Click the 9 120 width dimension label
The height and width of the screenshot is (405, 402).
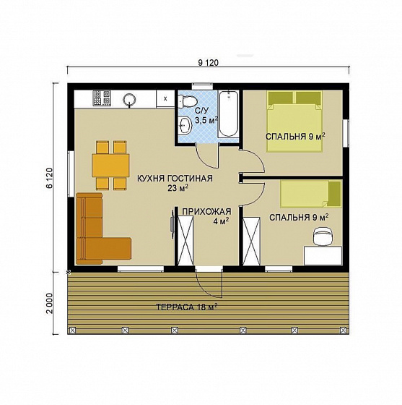tap(208, 63)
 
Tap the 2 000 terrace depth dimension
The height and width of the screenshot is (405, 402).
tap(49, 303)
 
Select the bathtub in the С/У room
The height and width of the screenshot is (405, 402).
tap(228, 114)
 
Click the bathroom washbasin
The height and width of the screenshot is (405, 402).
tap(185, 125)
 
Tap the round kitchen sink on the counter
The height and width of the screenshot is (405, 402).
tap(129, 99)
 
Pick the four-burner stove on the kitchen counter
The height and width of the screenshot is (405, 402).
tap(102, 98)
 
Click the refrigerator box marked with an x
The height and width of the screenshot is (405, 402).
tap(165, 98)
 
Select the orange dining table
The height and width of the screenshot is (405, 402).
tap(111, 166)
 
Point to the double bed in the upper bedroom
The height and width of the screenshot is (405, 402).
tap(294, 121)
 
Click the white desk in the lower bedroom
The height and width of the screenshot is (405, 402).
tap(323, 255)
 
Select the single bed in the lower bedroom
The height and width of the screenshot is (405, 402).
tap(311, 194)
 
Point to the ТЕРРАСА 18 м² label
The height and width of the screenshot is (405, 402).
tap(187, 307)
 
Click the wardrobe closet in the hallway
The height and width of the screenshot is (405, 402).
tap(185, 241)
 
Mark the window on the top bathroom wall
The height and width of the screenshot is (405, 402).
tap(203, 86)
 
